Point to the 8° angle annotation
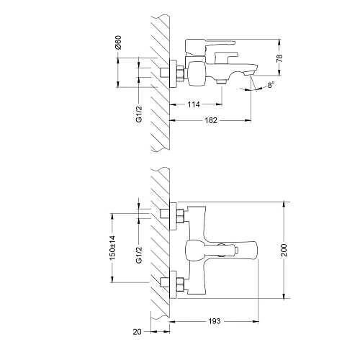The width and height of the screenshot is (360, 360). (270, 86)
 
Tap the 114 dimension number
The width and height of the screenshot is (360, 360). (194, 105)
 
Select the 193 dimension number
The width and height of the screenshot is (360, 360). (214, 320)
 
